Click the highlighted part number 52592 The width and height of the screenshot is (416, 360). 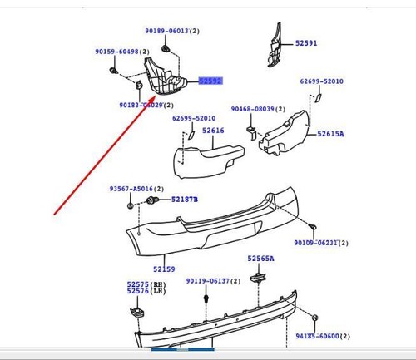(x=210, y=81)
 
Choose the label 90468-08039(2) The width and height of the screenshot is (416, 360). (x=258, y=109)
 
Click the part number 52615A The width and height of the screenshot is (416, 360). (x=330, y=134)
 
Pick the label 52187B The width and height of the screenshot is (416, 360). (x=185, y=200)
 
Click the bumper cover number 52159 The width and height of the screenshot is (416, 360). (x=164, y=269)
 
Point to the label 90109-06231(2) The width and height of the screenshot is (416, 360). (x=321, y=244)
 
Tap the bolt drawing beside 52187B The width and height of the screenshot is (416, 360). (x=153, y=201)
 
